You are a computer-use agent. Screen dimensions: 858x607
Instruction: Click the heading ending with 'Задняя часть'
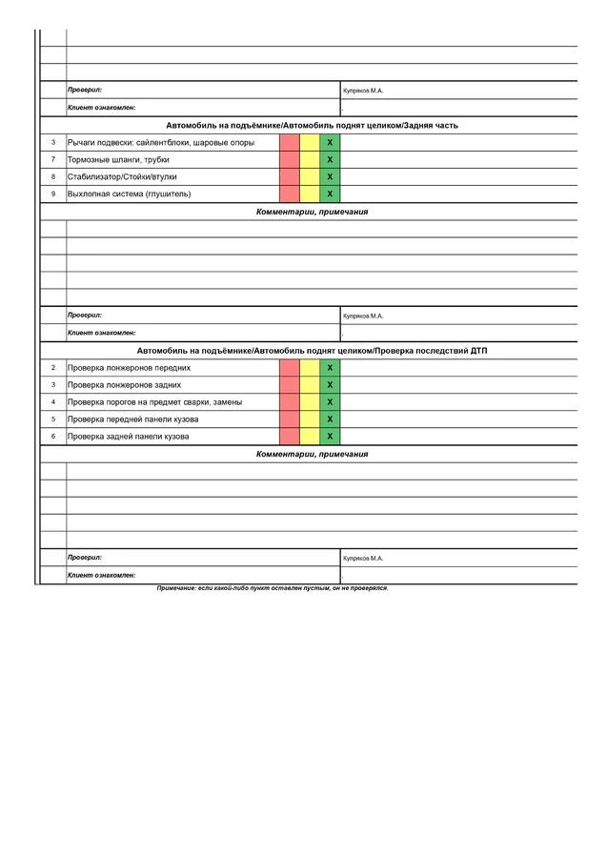coord(312,125)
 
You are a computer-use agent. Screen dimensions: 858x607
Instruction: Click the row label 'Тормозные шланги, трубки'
coord(118,159)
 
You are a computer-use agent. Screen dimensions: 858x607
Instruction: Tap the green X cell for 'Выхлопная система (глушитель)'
coord(330,194)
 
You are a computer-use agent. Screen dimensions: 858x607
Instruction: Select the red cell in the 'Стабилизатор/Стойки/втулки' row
coord(290,176)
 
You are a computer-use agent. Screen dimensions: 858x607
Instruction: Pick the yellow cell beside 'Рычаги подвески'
coord(310,142)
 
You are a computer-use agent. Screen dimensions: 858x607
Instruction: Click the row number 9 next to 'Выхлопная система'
coord(53,194)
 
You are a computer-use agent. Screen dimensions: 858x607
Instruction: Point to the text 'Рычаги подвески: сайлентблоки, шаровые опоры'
coord(161,142)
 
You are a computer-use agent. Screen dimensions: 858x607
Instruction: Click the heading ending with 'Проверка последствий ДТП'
coord(312,351)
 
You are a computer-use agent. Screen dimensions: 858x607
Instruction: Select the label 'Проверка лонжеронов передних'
coord(129,367)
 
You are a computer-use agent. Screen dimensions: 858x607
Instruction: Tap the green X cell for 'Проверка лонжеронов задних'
coord(330,384)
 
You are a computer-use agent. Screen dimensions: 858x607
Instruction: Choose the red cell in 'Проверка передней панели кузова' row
coord(290,419)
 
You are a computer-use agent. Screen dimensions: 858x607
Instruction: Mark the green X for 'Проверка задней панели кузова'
coord(330,436)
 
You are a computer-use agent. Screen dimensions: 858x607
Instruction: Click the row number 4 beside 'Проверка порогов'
coord(53,401)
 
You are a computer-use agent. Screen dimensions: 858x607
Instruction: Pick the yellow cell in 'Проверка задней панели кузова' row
coord(310,436)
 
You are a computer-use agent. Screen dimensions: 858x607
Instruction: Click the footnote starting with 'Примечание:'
coord(273,588)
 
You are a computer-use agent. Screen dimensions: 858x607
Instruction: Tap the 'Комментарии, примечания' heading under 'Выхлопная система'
coord(312,212)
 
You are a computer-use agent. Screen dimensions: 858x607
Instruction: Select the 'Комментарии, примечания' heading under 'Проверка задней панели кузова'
coord(312,454)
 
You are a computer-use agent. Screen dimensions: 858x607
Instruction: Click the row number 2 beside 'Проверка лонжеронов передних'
coord(53,367)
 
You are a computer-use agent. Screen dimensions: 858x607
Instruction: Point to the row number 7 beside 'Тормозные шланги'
coord(53,159)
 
